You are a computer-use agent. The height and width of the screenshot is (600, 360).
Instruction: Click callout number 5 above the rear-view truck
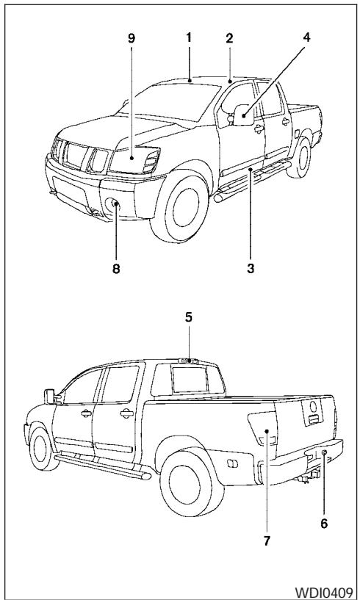pyautogui.click(x=189, y=339)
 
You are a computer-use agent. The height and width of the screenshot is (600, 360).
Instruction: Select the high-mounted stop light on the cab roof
pyautogui.click(x=189, y=361)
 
